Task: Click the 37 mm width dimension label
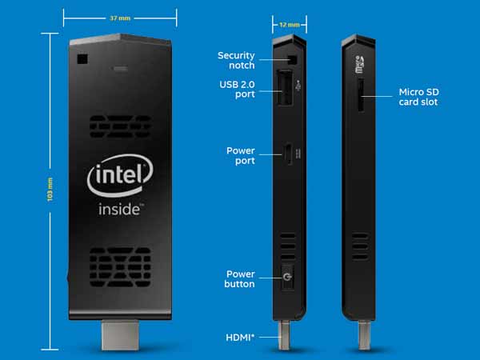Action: [120, 18]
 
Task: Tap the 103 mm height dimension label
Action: [50, 190]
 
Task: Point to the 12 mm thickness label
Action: [290, 25]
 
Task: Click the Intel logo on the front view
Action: [120, 176]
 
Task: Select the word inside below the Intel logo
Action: [119, 210]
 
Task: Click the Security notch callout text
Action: [236, 60]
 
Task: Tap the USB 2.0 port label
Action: [237, 89]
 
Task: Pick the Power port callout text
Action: [241, 155]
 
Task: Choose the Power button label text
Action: [239, 279]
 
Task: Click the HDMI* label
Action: [240, 338]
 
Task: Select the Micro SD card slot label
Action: [418, 97]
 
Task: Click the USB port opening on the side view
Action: [285, 87]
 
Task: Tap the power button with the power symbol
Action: [287, 278]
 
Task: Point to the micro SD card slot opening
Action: [361, 95]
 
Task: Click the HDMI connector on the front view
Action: [120, 335]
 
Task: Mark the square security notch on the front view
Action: [82, 59]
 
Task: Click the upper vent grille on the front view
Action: [120, 126]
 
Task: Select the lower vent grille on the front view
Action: [120, 267]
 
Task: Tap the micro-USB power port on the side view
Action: [288, 154]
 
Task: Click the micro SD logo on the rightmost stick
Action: [359, 65]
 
